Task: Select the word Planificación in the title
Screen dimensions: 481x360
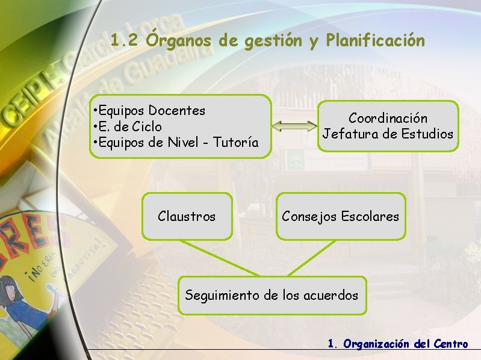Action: pos(374,41)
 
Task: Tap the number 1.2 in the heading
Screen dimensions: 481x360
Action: pos(125,41)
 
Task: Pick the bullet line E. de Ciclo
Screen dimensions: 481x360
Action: pos(129,127)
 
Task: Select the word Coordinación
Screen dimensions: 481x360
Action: pos(388,119)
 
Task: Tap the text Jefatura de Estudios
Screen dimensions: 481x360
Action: pos(388,134)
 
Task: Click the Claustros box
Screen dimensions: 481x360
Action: pos(187,216)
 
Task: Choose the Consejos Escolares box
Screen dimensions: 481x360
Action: pos(340,216)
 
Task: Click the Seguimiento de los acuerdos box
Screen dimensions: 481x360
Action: pos(272,296)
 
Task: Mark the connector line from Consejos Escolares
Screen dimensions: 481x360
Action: pos(314,258)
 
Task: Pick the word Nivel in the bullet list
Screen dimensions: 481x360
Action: pos(183,143)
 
